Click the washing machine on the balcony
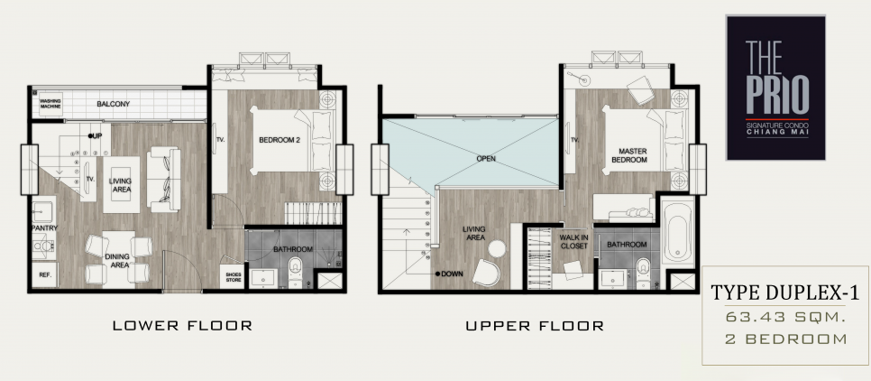pyautogui.click(x=50, y=104)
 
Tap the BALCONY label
pyautogui.click(x=114, y=104)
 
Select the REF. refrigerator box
pyautogui.click(x=44, y=274)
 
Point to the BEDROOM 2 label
pyautogui.click(x=280, y=140)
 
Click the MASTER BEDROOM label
pyautogui.click(x=629, y=155)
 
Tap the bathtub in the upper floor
pyautogui.click(x=678, y=232)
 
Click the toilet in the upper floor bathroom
pyautogui.click(x=643, y=273)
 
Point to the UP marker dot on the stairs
pyautogui.click(x=90, y=135)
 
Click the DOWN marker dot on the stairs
pyautogui.click(x=438, y=274)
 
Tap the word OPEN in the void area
pyautogui.click(x=486, y=159)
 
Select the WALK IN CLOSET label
pyautogui.click(x=573, y=241)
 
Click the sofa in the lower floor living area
pyautogui.click(x=163, y=179)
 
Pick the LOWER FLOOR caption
pyautogui.click(x=183, y=325)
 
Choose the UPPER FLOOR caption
pyautogui.click(x=535, y=325)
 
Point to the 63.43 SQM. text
pyautogui.click(x=785, y=317)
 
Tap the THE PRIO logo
pyautogui.click(x=776, y=88)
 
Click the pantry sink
pyautogui.click(x=42, y=211)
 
